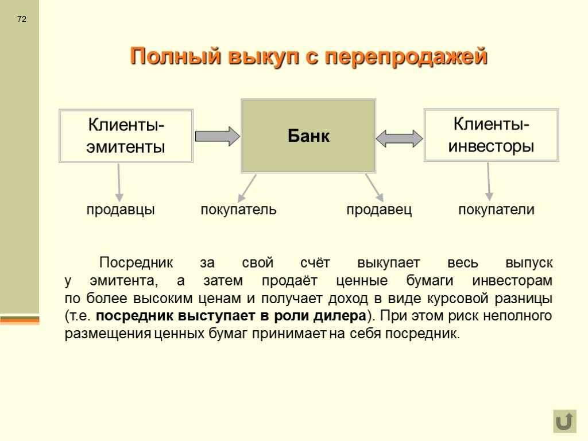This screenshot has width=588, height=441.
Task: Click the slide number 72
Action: tap(22, 20)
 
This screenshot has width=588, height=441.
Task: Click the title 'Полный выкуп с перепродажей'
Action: tap(308, 57)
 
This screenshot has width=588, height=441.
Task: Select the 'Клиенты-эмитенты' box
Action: tap(126, 136)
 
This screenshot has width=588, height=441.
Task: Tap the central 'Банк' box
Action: tap(308, 136)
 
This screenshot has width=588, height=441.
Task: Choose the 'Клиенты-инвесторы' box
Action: tap(491, 135)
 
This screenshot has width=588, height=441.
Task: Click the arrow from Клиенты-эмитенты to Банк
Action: tap(217, 136)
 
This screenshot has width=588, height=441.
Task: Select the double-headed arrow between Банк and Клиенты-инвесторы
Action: tap(399, 137)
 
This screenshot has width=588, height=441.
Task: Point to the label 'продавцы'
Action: tap(121, 210)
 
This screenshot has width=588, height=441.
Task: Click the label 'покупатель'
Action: tap(238, 210)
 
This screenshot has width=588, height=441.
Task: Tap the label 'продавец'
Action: tap(379, 210)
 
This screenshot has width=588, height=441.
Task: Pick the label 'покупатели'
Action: tap(496, 210)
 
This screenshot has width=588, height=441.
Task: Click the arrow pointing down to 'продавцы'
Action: tap(119, 181)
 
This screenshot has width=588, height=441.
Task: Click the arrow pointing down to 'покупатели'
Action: tap(489, 181)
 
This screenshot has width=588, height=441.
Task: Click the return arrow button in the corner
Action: tap(564, 421)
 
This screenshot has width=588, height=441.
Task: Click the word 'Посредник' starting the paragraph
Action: tap(136, 264)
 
